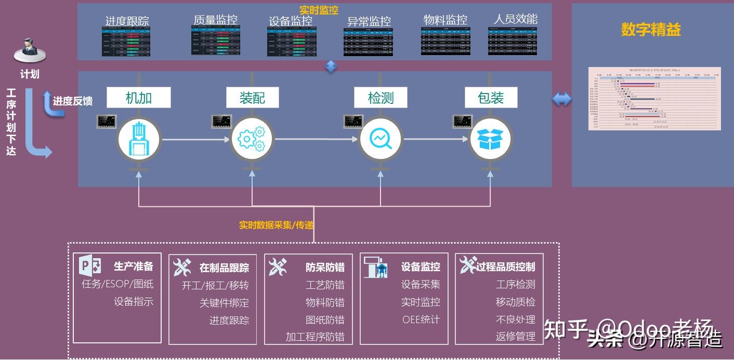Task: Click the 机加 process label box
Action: coord(139,98)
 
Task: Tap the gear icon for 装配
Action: coord(252,139)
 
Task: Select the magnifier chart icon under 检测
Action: coord(381,139)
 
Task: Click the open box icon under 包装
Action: coord(491,139)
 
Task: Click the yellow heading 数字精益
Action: coord(651,30)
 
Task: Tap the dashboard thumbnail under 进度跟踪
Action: coord(126,42)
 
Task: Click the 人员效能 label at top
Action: coord(515,19)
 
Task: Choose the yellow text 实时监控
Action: coord(319,10)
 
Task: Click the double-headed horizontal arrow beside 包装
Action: coord(561,99)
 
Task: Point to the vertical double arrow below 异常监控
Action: coord(331,66)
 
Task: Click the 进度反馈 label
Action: coord(72,101)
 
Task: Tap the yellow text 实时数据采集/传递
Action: coord(276,225)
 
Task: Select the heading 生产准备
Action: coord(134,266)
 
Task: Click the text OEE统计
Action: coord(421,319)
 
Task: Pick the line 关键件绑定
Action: coord(224,302)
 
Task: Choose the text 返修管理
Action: coord(515,336)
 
